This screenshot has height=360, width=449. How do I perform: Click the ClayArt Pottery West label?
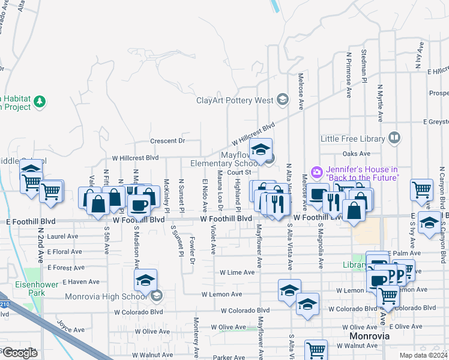click(x=235, y=100)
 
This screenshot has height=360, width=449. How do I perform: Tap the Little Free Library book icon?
click(x=394, y=138)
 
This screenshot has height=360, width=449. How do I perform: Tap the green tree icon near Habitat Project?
click(x=40, y=101)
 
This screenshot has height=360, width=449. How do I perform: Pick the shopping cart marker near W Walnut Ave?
click(x=316, y=350)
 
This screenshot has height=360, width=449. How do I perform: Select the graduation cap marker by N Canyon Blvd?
click(x=429, y=223)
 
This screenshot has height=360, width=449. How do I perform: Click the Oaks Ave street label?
click(x=357, y=154)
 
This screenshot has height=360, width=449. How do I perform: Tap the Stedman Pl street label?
click(x=364, y=67)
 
